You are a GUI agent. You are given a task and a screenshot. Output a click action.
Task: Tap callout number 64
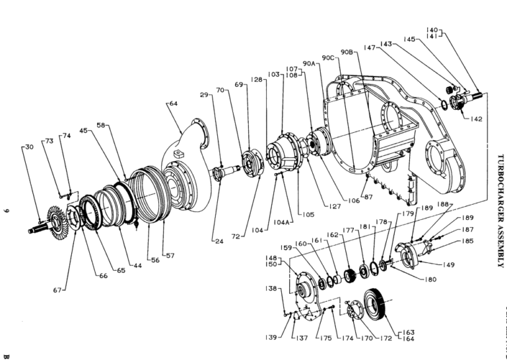[174, 104]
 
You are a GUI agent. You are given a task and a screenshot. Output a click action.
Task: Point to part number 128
[257, 80]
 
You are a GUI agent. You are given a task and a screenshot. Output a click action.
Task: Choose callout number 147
[369, 48]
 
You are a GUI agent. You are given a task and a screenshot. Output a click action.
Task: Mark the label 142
[476, 119]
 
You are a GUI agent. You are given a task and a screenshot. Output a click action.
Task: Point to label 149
[449, 265]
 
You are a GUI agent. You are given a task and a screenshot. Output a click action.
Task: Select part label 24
[219, 240]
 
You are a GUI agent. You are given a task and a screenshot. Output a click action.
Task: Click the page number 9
[7, 211]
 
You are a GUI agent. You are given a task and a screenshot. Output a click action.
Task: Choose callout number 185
[468, 241]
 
